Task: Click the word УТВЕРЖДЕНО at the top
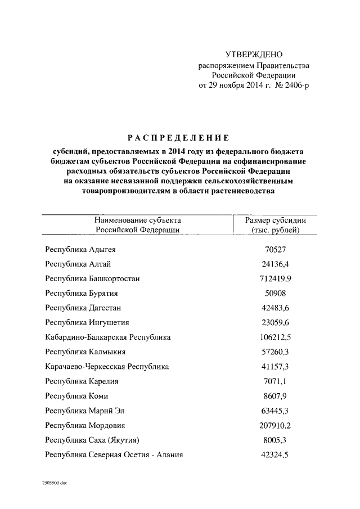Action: coord(253,55)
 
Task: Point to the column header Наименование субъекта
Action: coord(138,220)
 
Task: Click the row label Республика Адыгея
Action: coord(80,249)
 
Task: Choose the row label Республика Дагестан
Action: coord(83,308)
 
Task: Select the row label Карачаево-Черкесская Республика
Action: coord(107,366)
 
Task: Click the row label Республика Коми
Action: coord(77,395)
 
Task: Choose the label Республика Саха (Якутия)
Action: coord(92,440)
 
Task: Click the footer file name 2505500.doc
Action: coord(55,483)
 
